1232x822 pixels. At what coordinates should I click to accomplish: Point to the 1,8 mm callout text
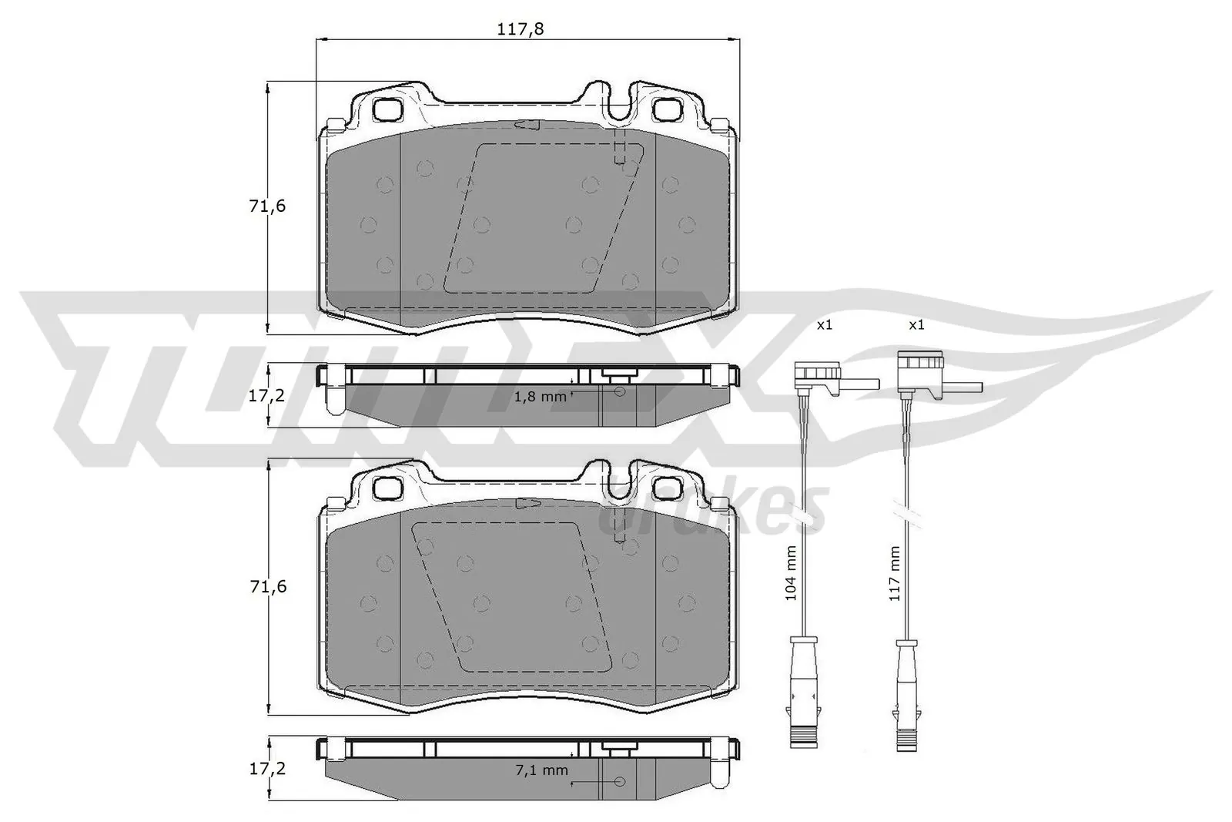point(540,397)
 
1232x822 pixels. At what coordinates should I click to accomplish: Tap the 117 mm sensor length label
point(893,573)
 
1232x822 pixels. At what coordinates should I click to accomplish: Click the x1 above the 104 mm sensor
point(824,325)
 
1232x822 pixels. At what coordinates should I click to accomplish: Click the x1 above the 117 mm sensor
point(916,325)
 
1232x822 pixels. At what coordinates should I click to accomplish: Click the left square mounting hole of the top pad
point(387,109)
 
